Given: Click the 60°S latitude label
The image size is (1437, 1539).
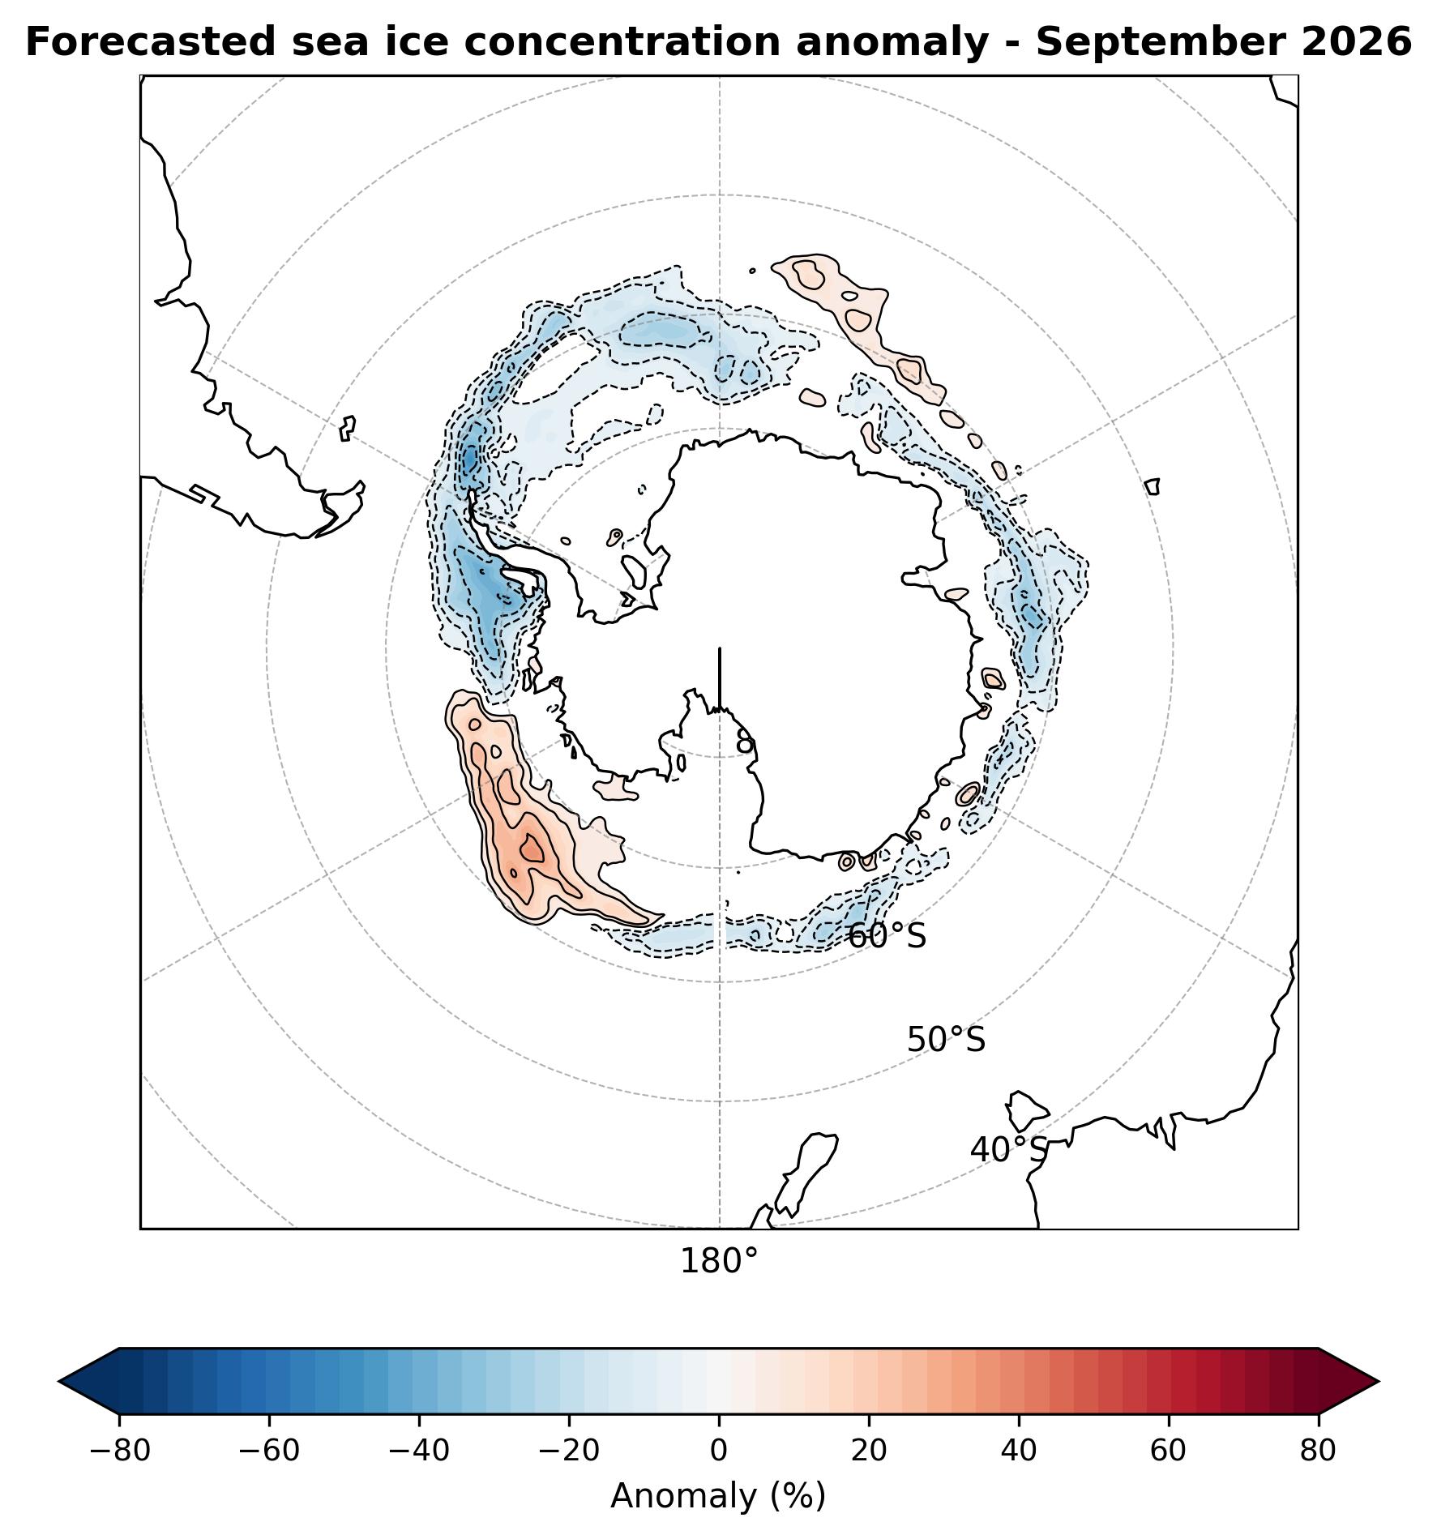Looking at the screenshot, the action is pyautogui.click(x=887, y=936).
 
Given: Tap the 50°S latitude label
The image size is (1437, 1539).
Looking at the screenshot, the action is pyautogui.click(x=946, y=1040).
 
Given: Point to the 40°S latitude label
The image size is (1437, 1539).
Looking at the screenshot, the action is pyautogui.click(x=1009, y=1150).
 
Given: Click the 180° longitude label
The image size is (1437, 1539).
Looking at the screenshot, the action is pyautogui.click(x=719, y=1262).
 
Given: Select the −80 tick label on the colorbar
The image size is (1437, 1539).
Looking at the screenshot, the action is pyautogui.click(x=120, y=1451).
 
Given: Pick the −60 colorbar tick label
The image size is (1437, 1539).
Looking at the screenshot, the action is pyautogui.click(x=269, y=1451).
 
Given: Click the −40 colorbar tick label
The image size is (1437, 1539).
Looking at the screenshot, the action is pyautogui.click(x=419, y=1451).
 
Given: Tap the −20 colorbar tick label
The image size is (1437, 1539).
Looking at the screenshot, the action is pyautogui.click(x=569, y=1451).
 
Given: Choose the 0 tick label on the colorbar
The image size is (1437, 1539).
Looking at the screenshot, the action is pyautogui.click(x=719, y=1451).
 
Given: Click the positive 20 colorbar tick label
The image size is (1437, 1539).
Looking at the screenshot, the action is pyautogui.click(x=869, y=1451).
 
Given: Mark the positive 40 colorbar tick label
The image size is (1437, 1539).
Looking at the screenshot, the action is pyautogui.click(x=1019, y=1451).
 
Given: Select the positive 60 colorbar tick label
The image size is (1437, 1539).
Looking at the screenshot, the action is pyautogui.click(x=1169, y=1451).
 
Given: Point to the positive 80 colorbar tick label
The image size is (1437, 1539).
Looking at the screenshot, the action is pyautogui.click(x=1319, y=1451).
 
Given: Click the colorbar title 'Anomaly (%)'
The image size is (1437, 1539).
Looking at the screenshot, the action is pyautogui.click(x=718, y=1496).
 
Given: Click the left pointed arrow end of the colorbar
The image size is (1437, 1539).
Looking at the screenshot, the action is pyautogui.click(x=89, y=1381).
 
